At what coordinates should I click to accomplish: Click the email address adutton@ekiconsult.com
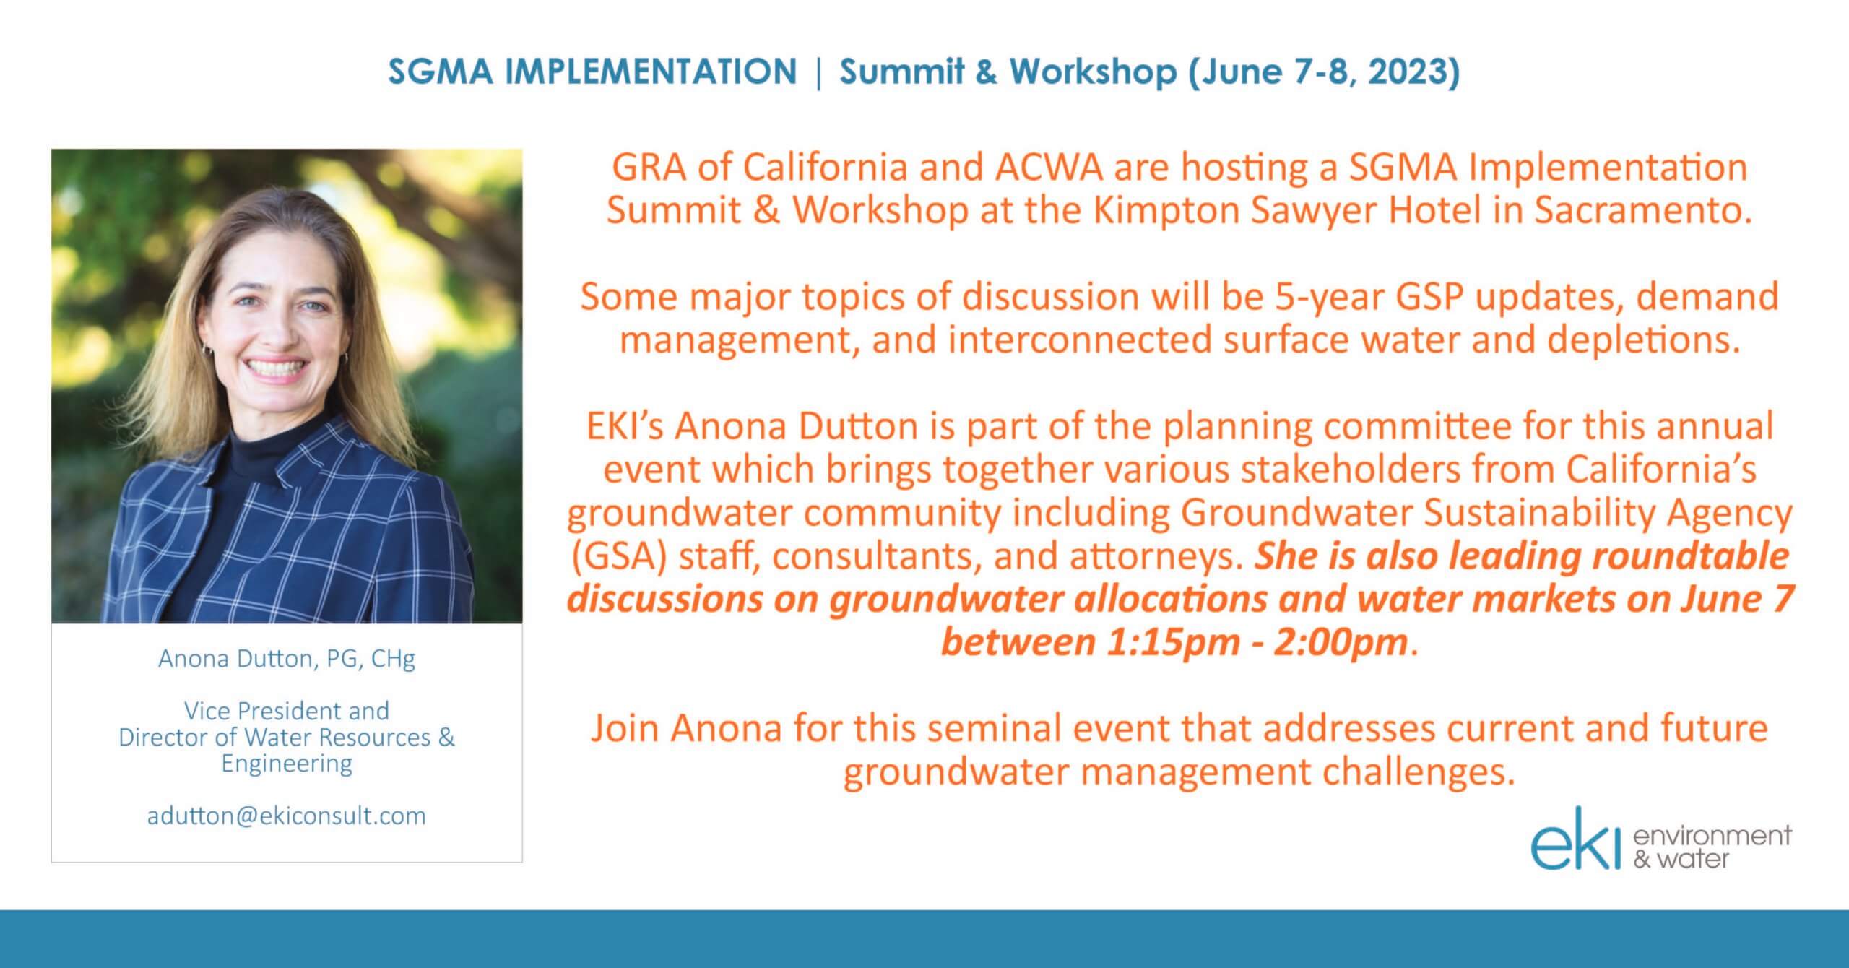pos(287,816)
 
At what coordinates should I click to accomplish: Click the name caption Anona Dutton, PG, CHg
pos(287,660)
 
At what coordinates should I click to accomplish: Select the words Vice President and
pos(287,711)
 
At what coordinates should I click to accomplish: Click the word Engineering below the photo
pos(287,764)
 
